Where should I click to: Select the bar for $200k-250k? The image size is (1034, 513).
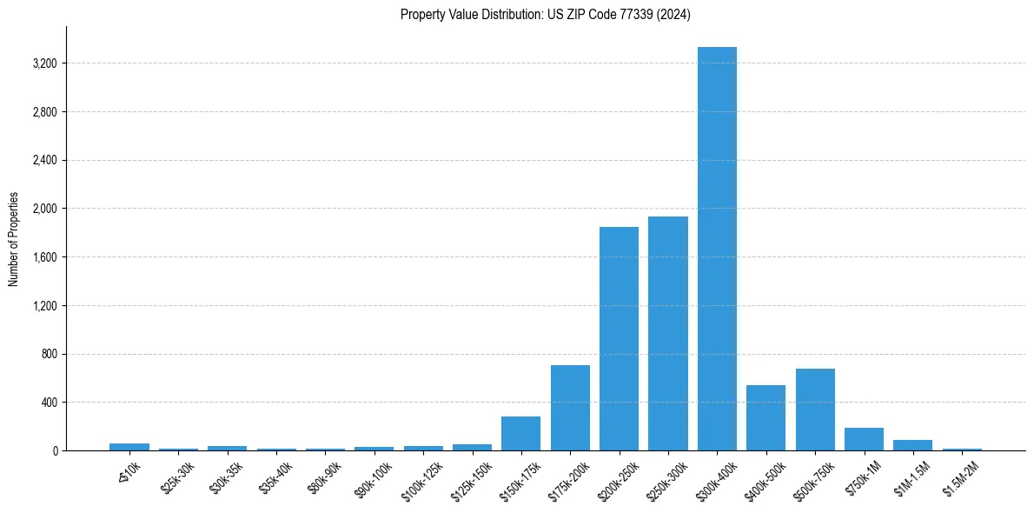pos(619,339)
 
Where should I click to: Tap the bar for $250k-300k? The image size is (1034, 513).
pos(668,334)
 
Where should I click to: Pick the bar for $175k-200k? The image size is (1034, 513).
pos(570,408)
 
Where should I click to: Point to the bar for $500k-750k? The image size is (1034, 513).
pos(815,410)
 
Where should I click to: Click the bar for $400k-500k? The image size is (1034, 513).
pos(766,418)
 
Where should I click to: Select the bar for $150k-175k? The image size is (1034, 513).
pos(521,434)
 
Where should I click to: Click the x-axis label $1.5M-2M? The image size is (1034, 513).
pos(959,477)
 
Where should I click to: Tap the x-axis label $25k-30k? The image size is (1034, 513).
pos(178,476)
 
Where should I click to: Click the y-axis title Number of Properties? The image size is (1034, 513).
pos(14,239)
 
